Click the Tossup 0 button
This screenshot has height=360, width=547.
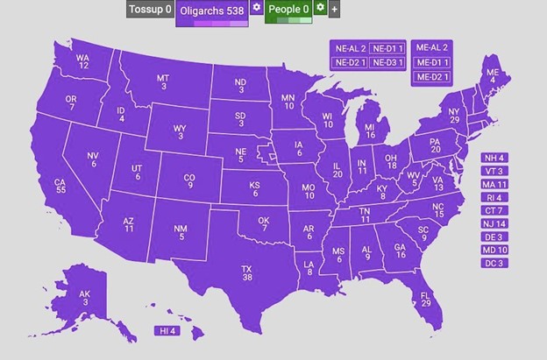tap(150, 10)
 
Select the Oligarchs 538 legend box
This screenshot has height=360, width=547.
tap(211, 10)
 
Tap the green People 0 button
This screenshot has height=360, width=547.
tap(288, 10)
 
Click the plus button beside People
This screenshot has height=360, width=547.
tap(334, 10)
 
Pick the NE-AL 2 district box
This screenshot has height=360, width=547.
tap(348, 47)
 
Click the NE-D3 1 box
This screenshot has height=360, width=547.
tap(387, 62)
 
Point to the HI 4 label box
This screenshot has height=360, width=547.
tap(167, 331)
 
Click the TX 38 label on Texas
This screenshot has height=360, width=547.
tap(247, 272)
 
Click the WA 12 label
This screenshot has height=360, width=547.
tap(83, 62)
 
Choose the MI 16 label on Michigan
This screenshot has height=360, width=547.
tap(370, 131)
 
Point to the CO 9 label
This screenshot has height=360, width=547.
tap(188, 181)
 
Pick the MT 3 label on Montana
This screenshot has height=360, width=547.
tap(163, 81)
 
